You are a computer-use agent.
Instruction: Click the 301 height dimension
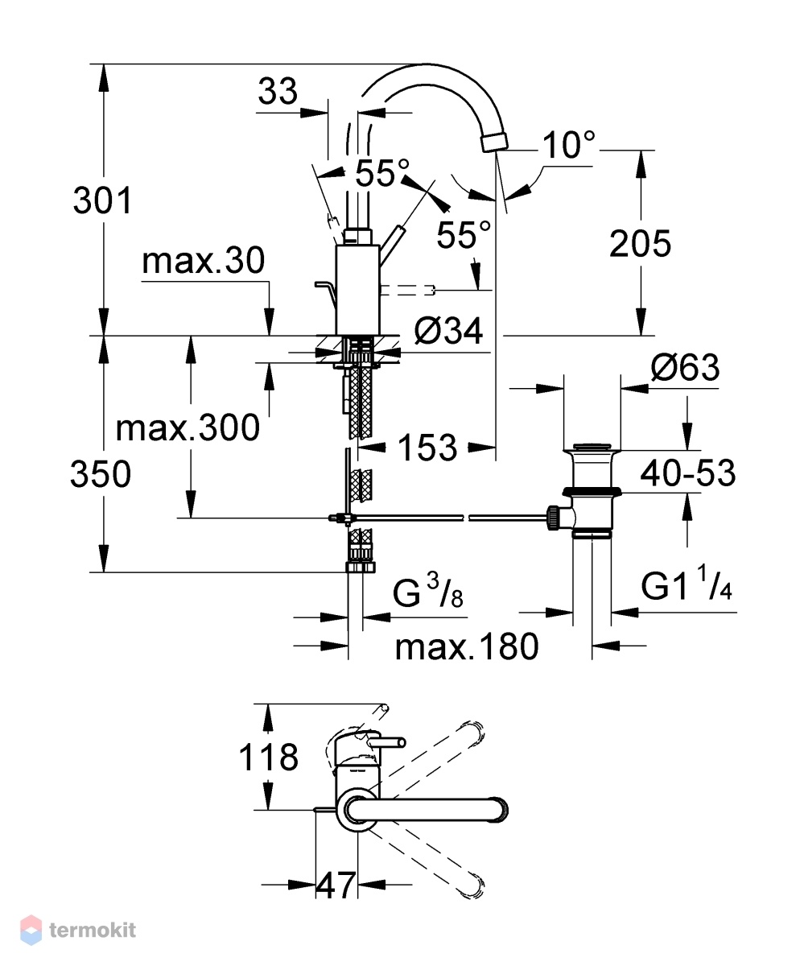coord(103,200)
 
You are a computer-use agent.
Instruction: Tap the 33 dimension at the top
coord(278,91)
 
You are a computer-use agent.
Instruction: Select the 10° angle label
coord(568,145)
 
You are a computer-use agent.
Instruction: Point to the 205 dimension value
coord(640,243)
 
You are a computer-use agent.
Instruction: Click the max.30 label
coord(203,261)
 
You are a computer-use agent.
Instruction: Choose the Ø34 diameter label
coord(448,331)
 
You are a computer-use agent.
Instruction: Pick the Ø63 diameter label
coord(685,367)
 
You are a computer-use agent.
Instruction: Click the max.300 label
coord(188,428)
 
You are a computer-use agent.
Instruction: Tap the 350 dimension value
coord(101,475)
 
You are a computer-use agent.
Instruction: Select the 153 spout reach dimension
coord(427,448)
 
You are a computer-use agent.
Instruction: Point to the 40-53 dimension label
coord(688,473)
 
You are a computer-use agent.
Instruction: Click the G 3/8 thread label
coord(427,592)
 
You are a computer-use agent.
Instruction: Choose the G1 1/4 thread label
coord(686,585)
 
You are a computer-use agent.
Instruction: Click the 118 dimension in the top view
coord(268,757)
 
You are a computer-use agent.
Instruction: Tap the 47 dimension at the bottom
coord(336,886)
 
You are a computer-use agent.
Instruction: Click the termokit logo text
coord(93,930)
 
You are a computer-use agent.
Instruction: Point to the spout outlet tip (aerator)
coord(494,142)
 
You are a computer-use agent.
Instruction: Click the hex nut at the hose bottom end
coord(361,567)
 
